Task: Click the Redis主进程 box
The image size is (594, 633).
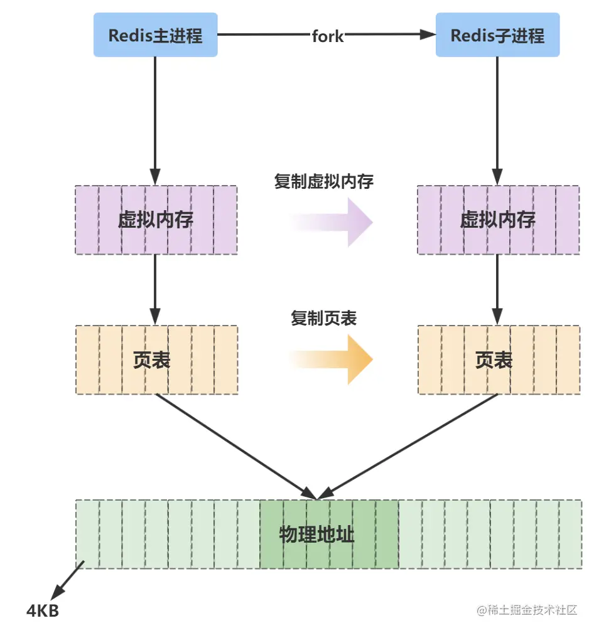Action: coord(155,35)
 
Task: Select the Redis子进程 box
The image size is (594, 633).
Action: coord(497,35)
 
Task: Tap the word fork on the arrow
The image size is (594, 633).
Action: coord(328,36)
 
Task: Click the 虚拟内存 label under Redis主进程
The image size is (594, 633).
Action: coord(156,220)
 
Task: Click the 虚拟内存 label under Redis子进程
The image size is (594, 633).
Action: coord(497,220)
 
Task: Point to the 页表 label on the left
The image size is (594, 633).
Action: coord(152,360)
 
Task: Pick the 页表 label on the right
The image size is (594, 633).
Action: coord(494,360)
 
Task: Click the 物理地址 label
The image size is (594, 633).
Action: coord(316,535)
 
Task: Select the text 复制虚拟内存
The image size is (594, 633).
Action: coord(324,182)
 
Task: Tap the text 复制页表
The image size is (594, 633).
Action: coord(323,319)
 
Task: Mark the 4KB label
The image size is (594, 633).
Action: coord(43,610)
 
